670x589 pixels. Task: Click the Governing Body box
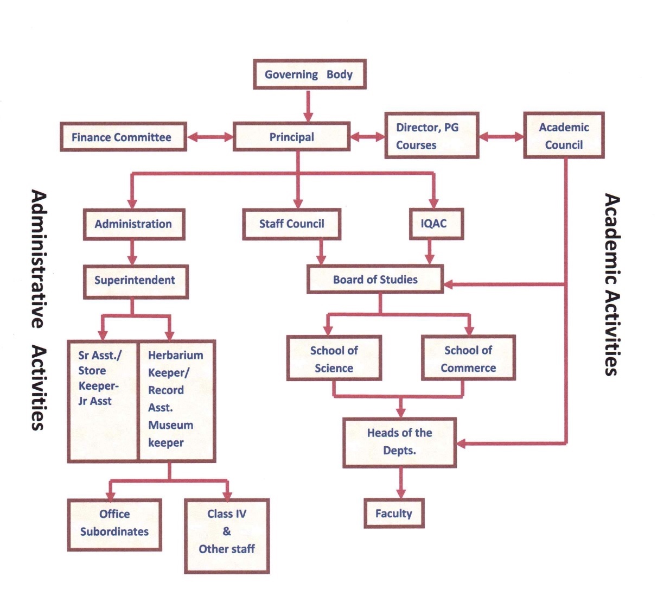point(309,74)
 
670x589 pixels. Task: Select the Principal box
point(291,137)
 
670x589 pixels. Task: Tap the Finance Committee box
point(123,137)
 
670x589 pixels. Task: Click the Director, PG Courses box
point(431,136)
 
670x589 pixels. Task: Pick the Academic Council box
point(564,136)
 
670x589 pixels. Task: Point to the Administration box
point(134,224)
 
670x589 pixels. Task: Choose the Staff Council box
point(291,224)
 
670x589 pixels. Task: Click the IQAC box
point(436,223)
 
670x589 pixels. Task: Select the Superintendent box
point(136,281)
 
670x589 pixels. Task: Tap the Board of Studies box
point(375,280)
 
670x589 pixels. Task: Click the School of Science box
point(334,358)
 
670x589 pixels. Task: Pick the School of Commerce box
point(468,358)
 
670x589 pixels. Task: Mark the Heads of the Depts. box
point(399,442)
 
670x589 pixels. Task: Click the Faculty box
point(394,514)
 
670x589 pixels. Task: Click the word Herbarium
point(176,355)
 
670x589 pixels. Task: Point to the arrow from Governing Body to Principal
point(308,106)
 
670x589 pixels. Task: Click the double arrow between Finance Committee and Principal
point(210,137)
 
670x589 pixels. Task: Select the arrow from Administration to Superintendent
point(132,252)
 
